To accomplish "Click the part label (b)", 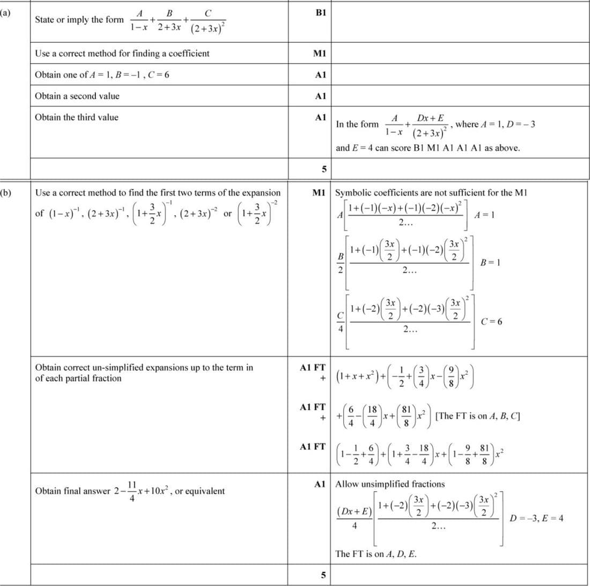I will point(6,191).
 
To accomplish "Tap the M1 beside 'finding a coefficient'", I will point(320,54).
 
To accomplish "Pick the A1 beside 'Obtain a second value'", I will point(321,96).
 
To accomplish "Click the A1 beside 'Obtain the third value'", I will point(321,117).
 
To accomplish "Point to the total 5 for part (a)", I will point(323,169).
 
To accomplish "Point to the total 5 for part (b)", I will point(323,575).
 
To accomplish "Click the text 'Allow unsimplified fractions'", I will point(390,484).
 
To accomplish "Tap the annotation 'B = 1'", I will point(491,263).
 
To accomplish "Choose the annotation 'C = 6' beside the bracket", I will point(492,322).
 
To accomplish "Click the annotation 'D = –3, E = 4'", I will point(539,518).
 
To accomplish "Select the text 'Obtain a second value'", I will point(77,96).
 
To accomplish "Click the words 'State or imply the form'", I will point(79,20).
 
